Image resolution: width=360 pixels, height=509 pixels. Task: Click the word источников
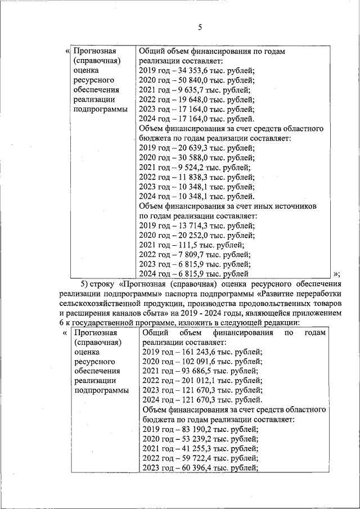[293, 206]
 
